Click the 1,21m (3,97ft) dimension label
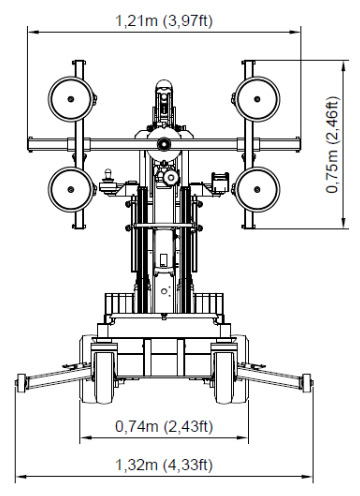point(164,21)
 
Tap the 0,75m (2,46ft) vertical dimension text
point(332,145)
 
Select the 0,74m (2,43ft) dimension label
point(164,426)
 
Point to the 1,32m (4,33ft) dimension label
point(164,465)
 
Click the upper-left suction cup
point(71,99)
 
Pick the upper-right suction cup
point(257,99)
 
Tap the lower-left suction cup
point(71,189)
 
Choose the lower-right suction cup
point(257,189)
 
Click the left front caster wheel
point(104,377)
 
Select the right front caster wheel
point(224,377)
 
